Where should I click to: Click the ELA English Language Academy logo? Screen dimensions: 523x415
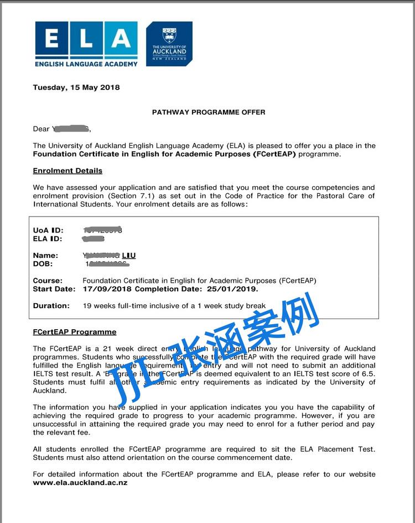coord(86,44)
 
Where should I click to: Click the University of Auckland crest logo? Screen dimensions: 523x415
coord(169,44)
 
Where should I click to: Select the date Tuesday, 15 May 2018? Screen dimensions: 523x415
coord(76,87)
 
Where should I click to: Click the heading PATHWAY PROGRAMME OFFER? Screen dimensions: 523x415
coord(209,112)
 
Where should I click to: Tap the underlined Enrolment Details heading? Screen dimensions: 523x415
coord(68,171)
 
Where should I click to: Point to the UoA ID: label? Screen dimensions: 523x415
coord(48,230)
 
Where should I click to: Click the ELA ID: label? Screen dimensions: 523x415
coord(48,239)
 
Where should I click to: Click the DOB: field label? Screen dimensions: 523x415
coord(43,264)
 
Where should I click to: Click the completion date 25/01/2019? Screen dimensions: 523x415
coord(240,289)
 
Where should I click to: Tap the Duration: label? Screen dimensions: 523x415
coord(51,305)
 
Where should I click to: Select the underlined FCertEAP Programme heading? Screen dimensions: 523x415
coord(75,332)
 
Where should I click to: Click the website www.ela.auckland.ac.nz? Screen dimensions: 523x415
coord(80,482)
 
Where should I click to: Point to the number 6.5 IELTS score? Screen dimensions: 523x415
coord(368,374)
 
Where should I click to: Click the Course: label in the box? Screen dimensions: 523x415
coord(48,281)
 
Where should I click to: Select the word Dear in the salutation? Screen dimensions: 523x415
coord(41,129)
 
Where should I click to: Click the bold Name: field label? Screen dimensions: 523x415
coord(45,256)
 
